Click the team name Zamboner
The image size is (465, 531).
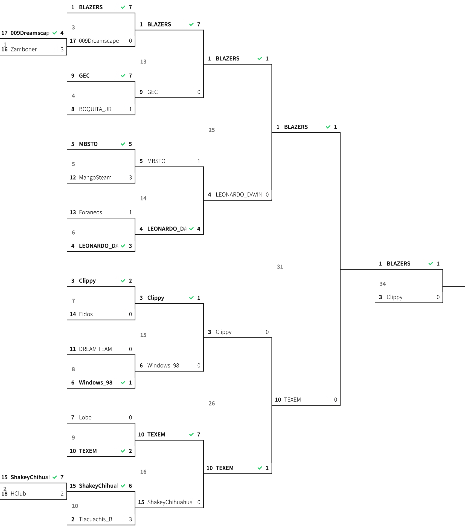24,49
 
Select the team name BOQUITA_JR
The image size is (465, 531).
95,109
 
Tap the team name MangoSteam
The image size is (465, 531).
95,178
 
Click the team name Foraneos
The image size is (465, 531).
90,212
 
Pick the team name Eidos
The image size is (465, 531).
86,314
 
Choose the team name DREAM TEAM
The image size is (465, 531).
95,349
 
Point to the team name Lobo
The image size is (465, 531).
85,418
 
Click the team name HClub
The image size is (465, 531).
18,494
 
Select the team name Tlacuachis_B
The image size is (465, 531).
95,520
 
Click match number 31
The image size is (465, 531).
280,267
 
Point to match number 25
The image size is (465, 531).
211,130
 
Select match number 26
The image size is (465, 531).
211,404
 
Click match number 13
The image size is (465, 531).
143,62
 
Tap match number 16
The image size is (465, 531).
143,472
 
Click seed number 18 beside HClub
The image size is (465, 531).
4,494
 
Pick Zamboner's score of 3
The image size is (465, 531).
62,49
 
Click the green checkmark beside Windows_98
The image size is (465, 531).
123,383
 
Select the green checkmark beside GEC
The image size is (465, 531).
123,76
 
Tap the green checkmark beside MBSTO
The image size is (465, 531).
123,144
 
